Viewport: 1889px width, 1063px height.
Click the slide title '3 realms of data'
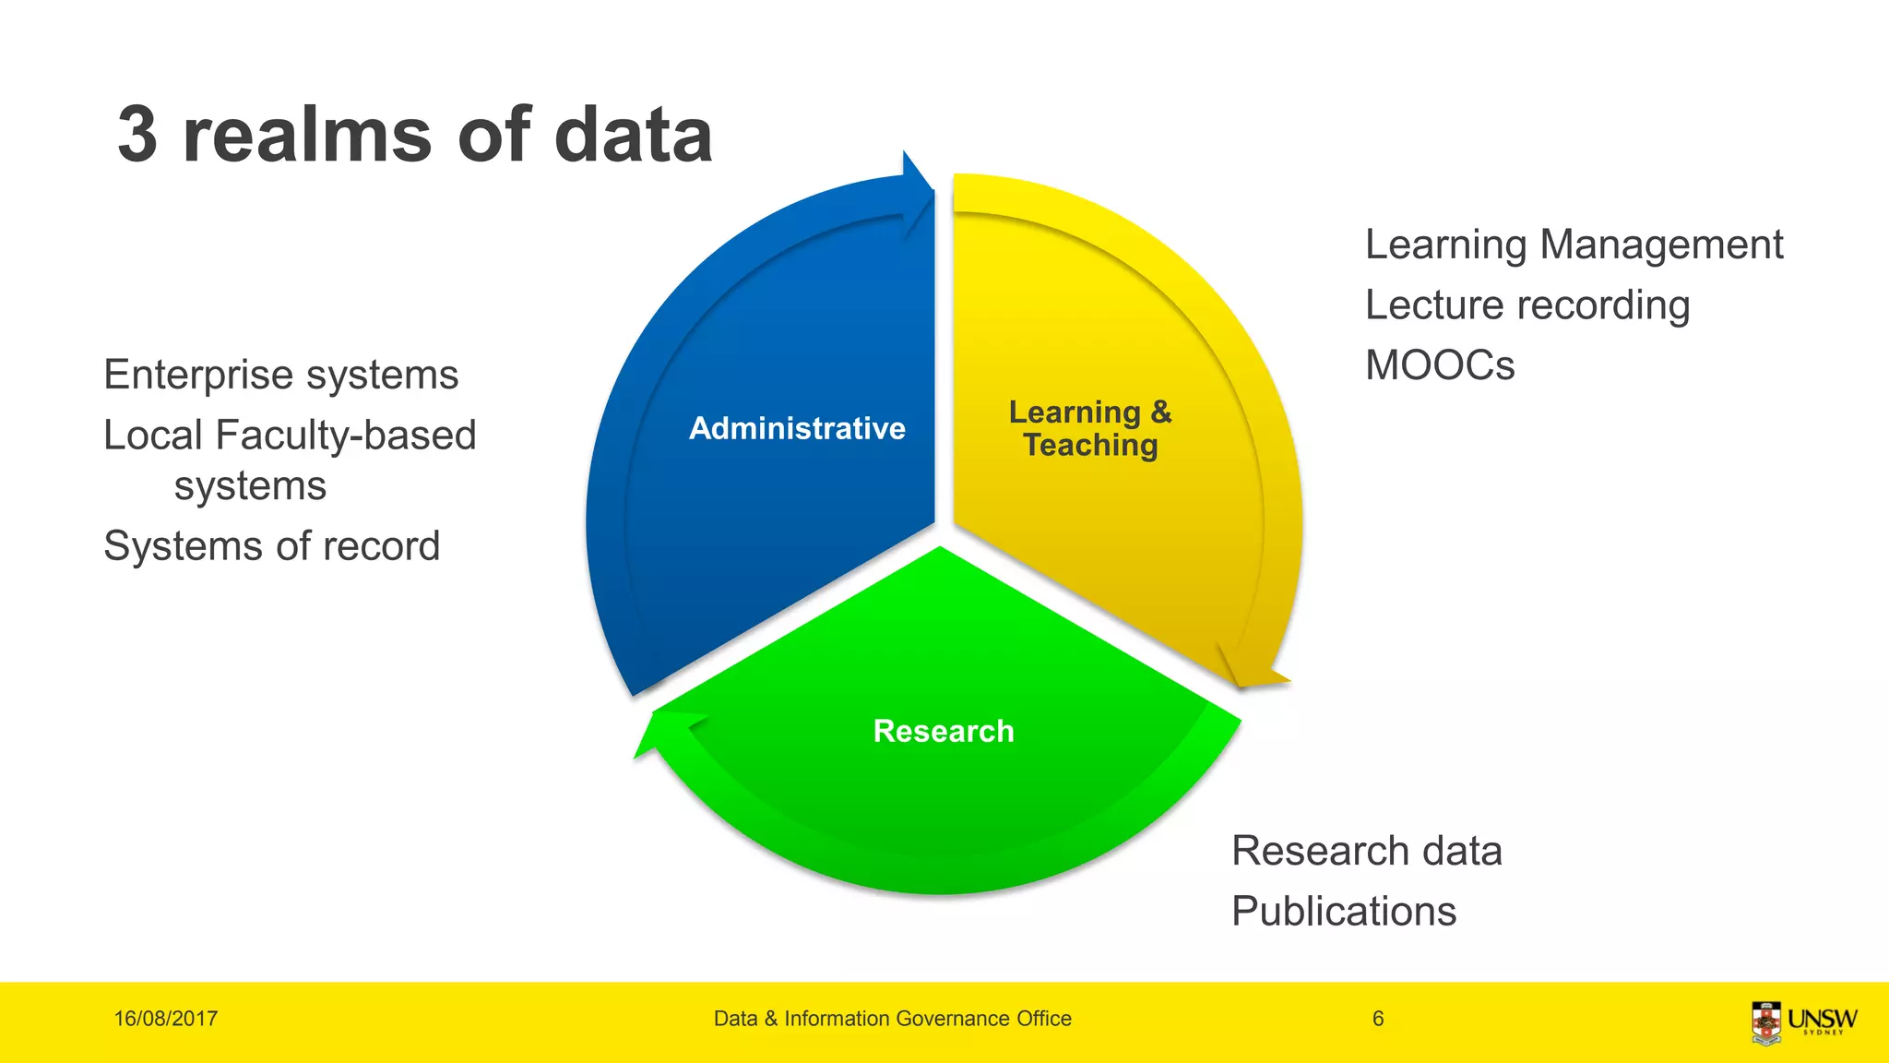[x=415, y=135]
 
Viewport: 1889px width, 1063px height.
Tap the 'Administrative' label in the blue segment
[x=797, y=428]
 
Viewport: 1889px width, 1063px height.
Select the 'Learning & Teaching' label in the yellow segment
[x=1090, y=428]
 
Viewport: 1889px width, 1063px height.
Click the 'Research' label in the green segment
[x=944, y=731]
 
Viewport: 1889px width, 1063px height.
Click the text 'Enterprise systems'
[x=280, y=375]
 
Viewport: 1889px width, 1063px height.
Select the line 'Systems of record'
[x=271, y=545]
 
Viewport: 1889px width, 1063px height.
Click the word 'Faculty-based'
[x=345, y=435]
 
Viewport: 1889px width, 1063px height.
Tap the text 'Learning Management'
[x=1574, y=245]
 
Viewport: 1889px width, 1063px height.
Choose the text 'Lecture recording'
[x=1527, y=305]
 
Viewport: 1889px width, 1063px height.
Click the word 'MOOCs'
[x=1440, y=365]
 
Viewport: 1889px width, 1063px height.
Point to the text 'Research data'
[x=1367, y=851]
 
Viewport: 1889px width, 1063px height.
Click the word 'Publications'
[x=1344, y=912]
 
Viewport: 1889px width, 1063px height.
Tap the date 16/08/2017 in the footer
[x=166, y=1019]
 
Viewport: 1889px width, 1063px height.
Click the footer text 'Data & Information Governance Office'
[x=892, y=1019]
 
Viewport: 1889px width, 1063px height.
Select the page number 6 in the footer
[x=1378, y=1019]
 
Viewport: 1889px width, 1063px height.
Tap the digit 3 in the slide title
[x=137, y=135]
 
